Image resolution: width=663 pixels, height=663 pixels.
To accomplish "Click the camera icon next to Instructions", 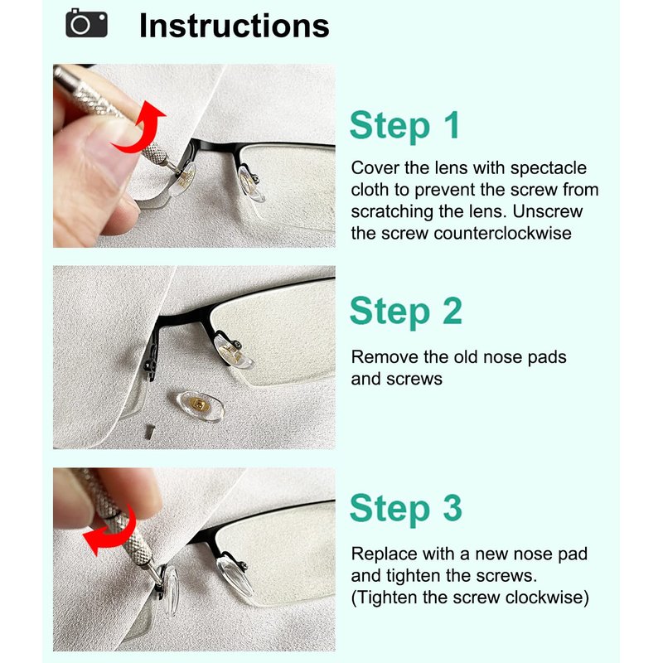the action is coord(86,23).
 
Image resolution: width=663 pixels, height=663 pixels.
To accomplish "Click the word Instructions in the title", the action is coord(235,26).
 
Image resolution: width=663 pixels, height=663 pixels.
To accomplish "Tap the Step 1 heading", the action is coord(404,126).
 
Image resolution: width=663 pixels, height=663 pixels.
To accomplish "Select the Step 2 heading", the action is coord(406,312).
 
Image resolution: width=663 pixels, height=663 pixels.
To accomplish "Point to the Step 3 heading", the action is coord(406,509).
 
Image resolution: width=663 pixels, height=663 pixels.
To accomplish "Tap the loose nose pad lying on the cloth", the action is coord(200,406).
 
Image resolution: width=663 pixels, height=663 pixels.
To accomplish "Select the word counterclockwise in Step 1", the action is coord(503,233).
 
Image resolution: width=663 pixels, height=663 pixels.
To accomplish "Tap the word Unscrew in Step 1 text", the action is coord(548,211).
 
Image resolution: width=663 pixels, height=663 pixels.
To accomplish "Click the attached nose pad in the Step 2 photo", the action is coord(233,351).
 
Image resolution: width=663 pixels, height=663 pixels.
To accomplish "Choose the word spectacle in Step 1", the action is coord(549,168).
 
